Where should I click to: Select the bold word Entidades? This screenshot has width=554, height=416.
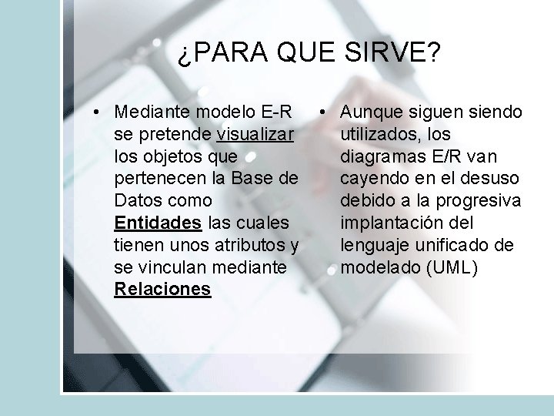(x=158, y=223)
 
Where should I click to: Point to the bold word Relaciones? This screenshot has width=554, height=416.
(x=162, y=289)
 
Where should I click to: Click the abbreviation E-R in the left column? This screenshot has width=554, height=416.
(x=276, y=112)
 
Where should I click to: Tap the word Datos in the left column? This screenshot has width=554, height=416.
(x=138, y=201)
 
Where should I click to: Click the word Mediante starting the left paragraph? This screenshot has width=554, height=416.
(x=154, y=112)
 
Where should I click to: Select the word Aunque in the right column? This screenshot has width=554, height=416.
(x=368, y=112)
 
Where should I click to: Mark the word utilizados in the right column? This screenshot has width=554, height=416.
(x=378, y=135)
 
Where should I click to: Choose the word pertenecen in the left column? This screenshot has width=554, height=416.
(x=155, y=179)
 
